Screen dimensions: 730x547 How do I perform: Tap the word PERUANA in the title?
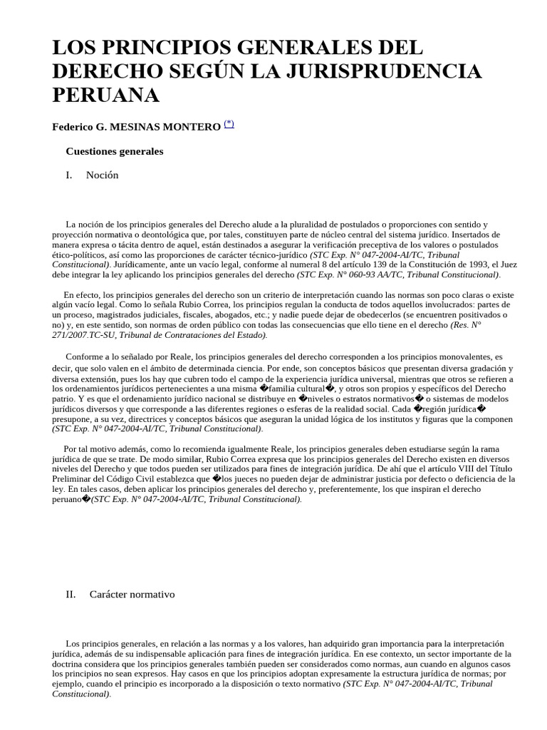point(106,95)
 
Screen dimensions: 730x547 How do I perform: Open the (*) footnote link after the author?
point(229,124)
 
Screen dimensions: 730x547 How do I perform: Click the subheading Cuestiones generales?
point(115,151)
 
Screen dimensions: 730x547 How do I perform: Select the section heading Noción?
point(102,175)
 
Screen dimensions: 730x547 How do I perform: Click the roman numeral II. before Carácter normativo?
point(71,594)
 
